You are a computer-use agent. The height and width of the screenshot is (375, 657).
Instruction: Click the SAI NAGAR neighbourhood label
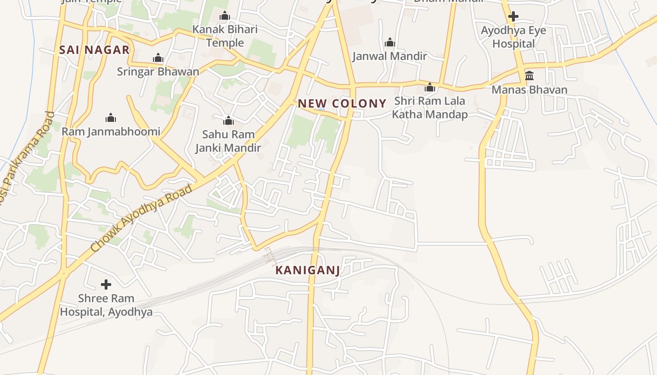pos(94,50)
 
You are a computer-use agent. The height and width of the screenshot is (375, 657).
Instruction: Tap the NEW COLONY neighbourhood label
pos(342,104)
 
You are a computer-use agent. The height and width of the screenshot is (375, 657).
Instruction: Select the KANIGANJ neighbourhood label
pos(307,270)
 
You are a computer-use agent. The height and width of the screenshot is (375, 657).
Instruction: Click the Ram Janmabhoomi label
pos(111,132)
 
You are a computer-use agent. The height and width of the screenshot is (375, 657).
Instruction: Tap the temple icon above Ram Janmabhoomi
pos(111,117)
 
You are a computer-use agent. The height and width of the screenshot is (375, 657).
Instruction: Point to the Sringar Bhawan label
pos(158,72)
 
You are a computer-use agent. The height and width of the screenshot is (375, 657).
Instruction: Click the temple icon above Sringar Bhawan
pos(158,58)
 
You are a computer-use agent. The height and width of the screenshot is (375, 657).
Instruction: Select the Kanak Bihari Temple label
pos(225,36)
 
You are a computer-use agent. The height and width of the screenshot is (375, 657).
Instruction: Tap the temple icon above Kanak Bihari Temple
pos(225,16)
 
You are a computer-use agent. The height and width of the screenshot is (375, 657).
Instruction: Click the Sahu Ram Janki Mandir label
pos(228,141)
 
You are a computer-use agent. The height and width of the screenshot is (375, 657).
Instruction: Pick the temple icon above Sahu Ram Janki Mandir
pos(229,120)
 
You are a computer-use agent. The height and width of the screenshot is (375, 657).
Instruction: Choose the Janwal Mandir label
pos(390,56)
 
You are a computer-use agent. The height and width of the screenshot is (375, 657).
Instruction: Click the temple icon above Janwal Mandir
pos(390,43)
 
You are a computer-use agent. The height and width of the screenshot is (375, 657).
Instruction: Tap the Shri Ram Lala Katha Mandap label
pos(429,108)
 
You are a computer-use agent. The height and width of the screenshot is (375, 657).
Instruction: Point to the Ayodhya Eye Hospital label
pos(513,37)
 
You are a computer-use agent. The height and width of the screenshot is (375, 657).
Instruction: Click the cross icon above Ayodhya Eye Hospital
pos(513,16)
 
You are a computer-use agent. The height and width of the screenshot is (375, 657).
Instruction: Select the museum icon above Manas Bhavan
pos(529,75)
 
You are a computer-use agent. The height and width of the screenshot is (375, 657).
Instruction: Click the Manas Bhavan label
pos(529,90)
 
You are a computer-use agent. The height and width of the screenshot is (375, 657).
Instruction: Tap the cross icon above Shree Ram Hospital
pos(106,284)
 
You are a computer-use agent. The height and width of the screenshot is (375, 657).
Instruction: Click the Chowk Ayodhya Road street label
pos(141,218)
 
